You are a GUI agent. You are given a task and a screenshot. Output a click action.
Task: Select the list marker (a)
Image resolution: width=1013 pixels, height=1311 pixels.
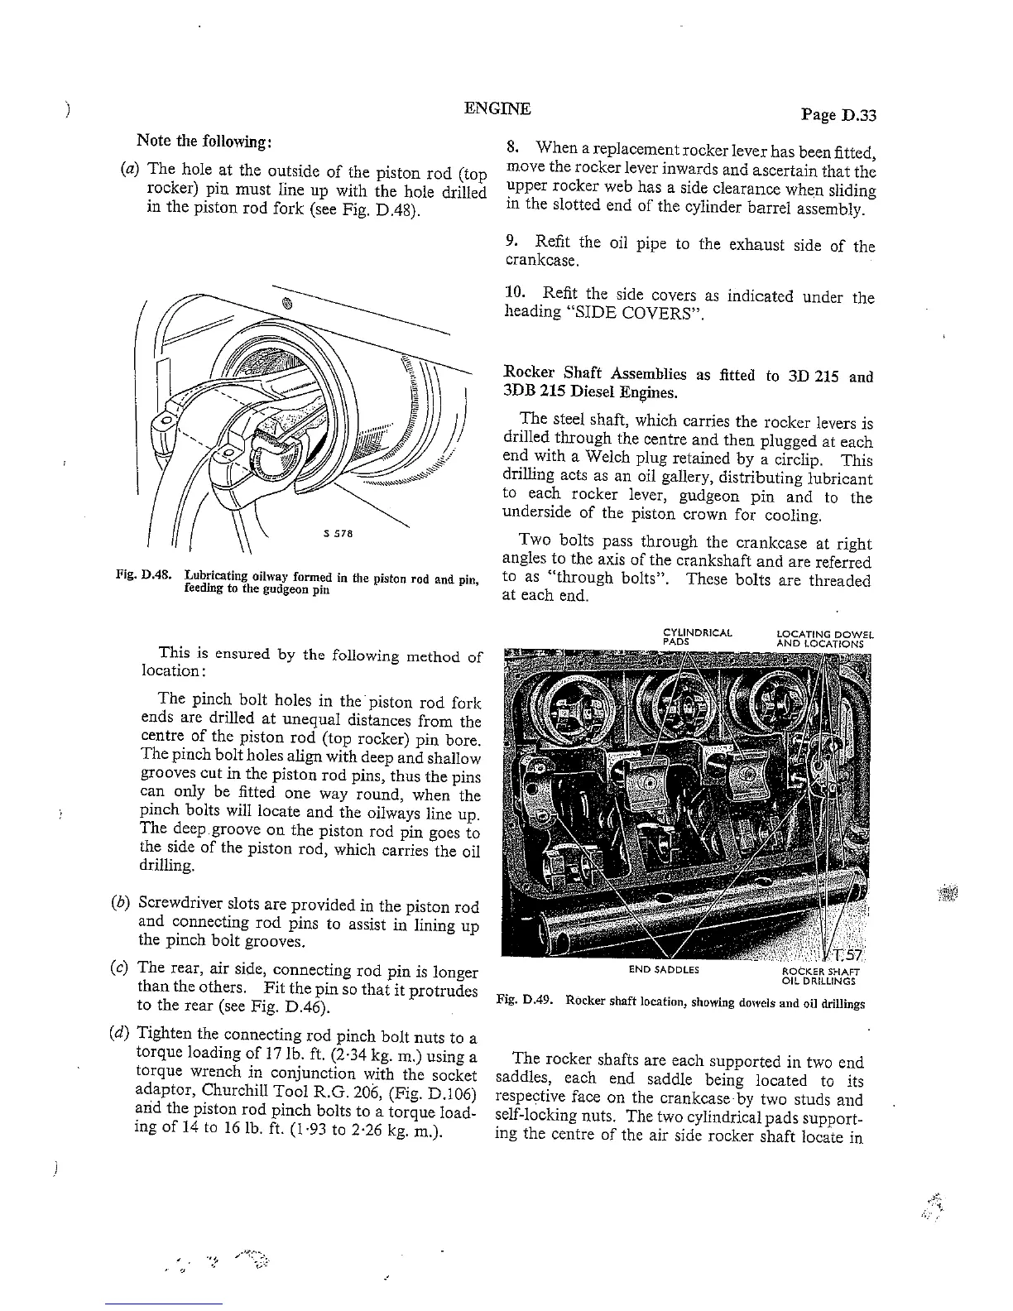(129, 172)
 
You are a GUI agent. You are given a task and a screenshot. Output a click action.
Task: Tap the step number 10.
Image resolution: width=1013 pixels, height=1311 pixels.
(516, 294)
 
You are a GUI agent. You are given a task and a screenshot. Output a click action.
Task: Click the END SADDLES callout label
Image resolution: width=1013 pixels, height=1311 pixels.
(664, 969)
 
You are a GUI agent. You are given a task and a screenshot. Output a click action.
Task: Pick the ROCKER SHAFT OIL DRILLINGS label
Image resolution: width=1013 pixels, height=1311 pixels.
(820, 977)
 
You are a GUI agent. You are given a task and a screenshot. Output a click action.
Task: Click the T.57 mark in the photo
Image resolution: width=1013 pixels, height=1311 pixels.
(847, 954)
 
